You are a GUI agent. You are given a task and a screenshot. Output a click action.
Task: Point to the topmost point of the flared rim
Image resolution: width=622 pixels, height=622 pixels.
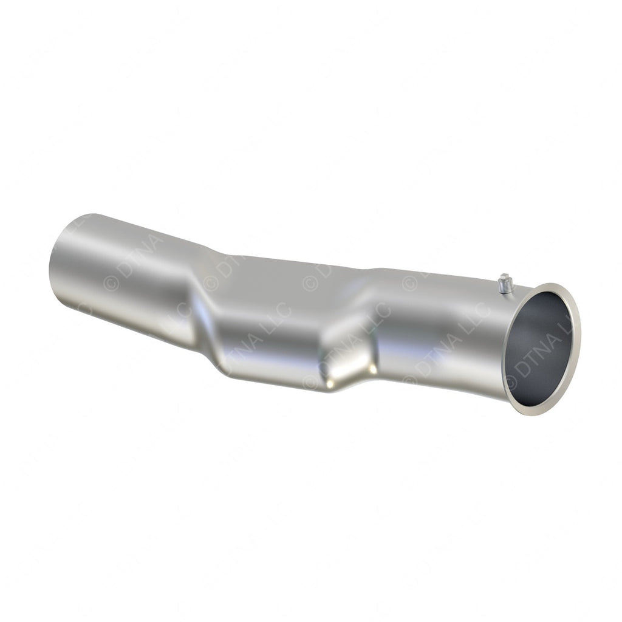pyautogui.click(x=556, y=284)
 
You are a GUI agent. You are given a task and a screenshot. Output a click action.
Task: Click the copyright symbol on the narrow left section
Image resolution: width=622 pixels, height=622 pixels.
pyautogui.click(x=111, y=282)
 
